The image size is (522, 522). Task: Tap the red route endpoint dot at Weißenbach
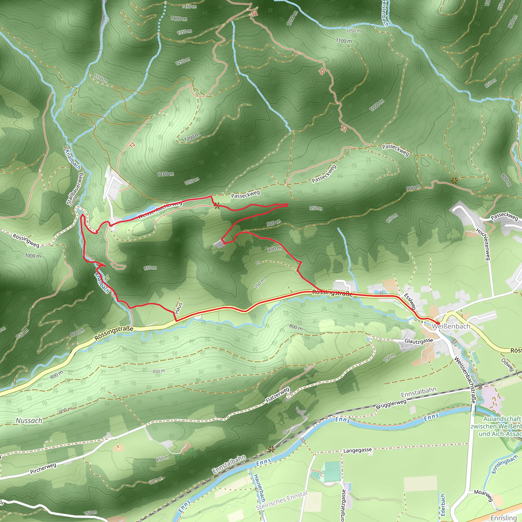tap(438, 323)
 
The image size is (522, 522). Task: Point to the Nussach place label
tap(29, 421)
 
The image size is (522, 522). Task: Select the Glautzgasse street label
tap(419, 341)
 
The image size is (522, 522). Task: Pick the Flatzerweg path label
tap(278, 395)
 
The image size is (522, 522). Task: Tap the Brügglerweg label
tap(391, 404)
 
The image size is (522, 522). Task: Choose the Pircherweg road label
tap(43, 468)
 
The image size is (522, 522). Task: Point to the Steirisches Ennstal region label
tap(282, 500)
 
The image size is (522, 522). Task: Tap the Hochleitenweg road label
tap(482, 244)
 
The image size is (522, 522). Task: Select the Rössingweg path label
tap(26, 240)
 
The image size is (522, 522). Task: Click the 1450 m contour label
tap(189, 6)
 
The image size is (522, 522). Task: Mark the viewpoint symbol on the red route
tap(216, 206)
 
